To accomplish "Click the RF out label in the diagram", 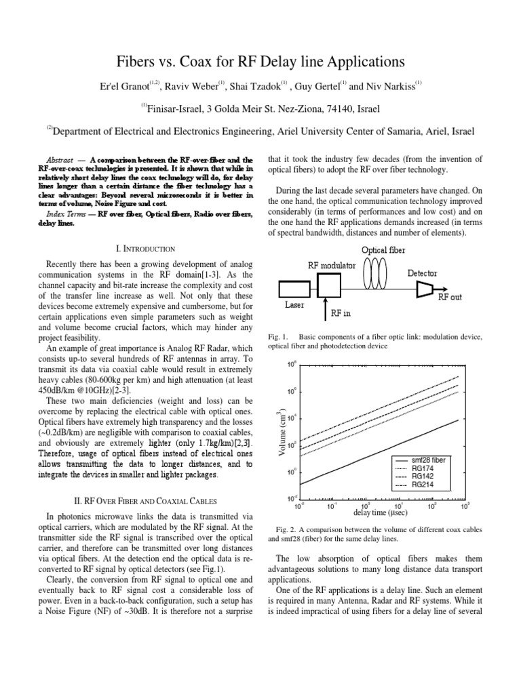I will [451, 297].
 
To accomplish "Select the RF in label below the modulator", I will [341, 314].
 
